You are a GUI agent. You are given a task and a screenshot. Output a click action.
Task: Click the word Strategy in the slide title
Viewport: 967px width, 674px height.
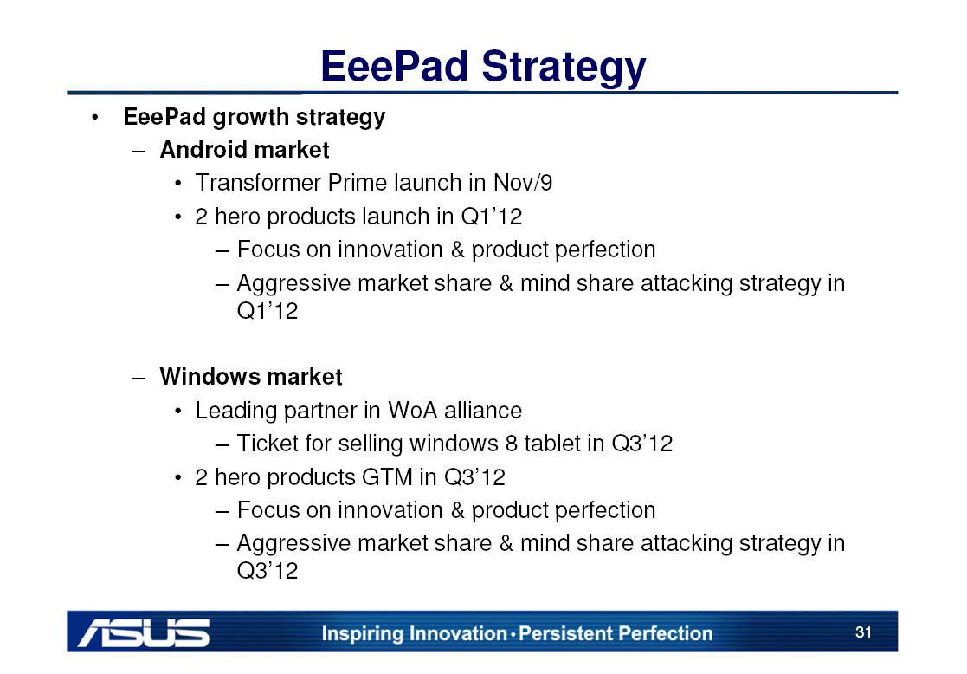pos(564,68)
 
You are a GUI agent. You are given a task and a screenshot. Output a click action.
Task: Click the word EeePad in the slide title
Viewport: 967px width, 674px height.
pos(395,66)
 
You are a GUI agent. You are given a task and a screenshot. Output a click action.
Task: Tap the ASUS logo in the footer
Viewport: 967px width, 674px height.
pos(144,632)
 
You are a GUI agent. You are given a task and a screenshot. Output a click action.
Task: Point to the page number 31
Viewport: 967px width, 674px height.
pos(863,632)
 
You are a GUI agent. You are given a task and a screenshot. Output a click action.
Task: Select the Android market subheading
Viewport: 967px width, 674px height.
pos(244,150)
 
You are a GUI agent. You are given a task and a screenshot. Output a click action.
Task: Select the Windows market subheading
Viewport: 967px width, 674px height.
pos(250,377)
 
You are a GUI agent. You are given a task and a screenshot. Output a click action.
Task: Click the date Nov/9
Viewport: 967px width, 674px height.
pos(523,183)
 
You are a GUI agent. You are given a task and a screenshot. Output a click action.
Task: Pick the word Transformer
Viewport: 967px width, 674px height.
pos(258,183)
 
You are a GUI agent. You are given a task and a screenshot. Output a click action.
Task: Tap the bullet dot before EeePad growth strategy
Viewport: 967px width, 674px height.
pos(94,117)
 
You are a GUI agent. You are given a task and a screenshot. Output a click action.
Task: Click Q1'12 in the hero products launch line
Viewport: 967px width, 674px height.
pos(492,217)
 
